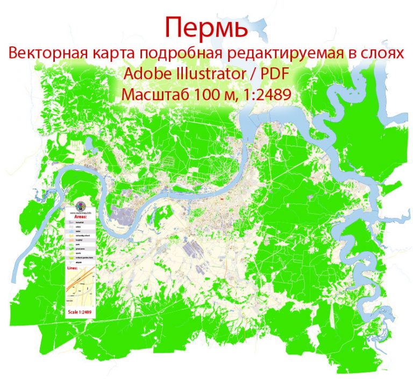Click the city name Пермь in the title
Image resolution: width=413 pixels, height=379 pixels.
click(206, 27)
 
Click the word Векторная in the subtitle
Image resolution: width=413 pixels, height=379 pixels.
click(45, 54)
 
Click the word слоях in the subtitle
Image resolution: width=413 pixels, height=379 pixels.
click(382, 54)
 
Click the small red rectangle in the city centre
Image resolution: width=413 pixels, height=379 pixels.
click(222, 199)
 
